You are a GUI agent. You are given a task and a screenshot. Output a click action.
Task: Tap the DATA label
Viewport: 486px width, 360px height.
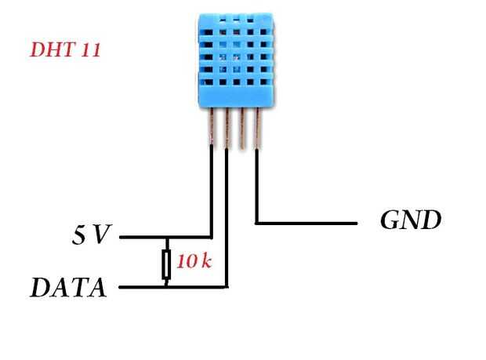(68, 288)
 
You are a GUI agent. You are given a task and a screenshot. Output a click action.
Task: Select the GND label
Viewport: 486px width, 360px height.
(411, 220)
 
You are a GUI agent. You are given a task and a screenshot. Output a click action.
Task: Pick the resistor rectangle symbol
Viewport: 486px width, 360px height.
(166, 264)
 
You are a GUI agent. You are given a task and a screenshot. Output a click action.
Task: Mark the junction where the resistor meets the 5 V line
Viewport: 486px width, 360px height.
(166, 236)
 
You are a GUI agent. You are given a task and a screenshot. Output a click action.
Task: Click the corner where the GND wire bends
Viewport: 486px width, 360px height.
(257, 223)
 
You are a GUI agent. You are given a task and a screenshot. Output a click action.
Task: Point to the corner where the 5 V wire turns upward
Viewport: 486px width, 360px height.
(212, 236)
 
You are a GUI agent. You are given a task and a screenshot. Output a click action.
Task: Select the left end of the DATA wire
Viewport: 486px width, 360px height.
(121, 288)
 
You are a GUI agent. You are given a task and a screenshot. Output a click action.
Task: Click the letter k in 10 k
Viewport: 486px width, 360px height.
(205, 262)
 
